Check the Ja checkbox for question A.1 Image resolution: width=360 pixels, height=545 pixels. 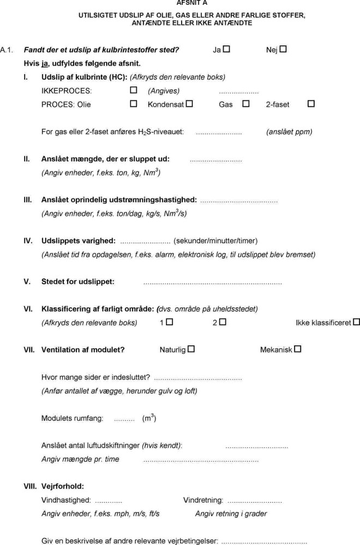(x=226, y=49)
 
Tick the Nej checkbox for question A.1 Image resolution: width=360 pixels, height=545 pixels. (x=283, y=49)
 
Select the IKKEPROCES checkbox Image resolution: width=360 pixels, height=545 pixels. (x=134, y=90)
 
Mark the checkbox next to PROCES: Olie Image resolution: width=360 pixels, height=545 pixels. (x=134, y=104)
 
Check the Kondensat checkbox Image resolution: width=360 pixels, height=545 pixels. (x=189, y=104)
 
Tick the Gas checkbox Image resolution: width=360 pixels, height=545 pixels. (x=246, y=104)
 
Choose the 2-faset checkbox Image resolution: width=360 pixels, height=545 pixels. (x=311, y=104)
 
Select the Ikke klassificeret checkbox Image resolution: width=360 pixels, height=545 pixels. (x=356, y=322)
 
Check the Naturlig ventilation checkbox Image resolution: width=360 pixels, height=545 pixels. (x=191, y=349)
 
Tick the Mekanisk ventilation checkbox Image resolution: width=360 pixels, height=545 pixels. (x=298, y=349)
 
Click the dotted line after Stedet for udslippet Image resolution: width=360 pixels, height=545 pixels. (x=212, y=283)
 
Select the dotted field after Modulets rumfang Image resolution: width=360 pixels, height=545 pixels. (x=124, y=420)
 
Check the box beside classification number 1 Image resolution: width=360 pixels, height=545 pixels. (x=170, y=322)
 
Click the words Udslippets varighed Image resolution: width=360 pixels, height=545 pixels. (x=78, y=240)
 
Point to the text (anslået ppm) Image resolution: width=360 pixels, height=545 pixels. (x=289, y=132)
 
